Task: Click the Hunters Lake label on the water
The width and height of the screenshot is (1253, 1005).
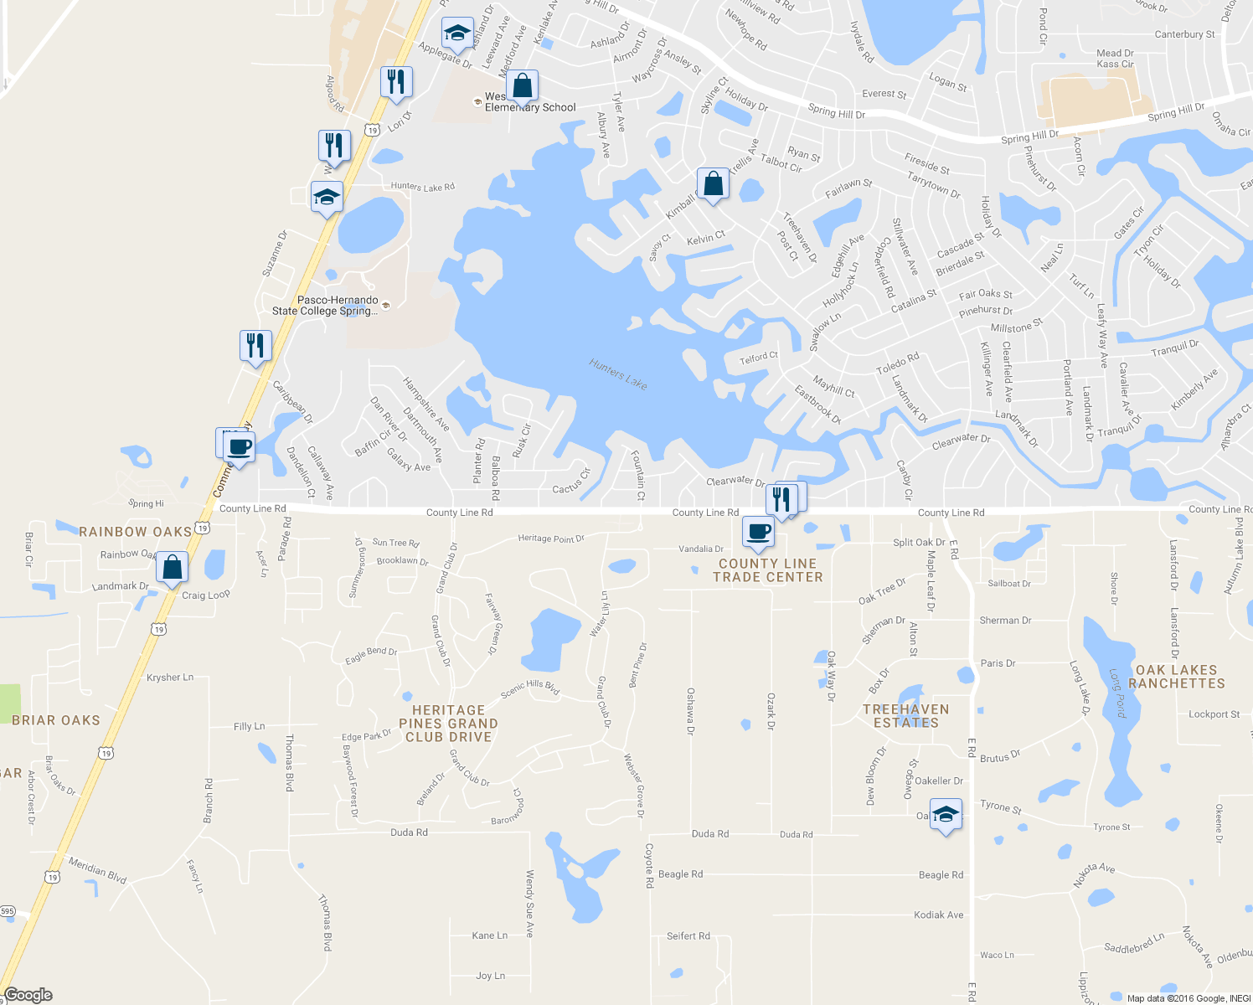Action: click(x=618, y=374)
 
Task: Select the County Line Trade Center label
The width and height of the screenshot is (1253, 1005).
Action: click(x=768, y=570)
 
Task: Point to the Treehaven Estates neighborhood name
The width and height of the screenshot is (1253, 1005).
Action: click(x=906, y=716)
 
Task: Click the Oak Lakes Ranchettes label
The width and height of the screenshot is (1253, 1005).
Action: click(x=1176, y=677)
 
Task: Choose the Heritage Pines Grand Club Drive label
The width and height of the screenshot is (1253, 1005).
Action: click(x=448, y=724)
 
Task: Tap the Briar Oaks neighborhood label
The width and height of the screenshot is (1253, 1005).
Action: click(x=56, y=720)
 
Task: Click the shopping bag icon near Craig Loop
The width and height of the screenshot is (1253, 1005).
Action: click(x=172, y=567)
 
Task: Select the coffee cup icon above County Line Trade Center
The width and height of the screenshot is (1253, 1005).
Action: click(x=758, y=531)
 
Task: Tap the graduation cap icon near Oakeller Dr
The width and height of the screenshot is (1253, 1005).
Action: click(x=946, y=815)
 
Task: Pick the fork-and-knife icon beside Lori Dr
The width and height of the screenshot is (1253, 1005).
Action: click(x=396, y=81)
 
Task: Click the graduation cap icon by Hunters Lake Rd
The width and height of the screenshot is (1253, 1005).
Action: click(x=327, y=197)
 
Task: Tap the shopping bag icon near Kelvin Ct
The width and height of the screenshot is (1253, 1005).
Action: click(x=713, y=183)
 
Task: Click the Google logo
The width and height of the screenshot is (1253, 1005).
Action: click(x=28, y=995)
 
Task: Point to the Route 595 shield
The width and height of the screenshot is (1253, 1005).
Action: click(x=8, y=911)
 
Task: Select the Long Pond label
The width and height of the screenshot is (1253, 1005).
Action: click(x=1118, y=693)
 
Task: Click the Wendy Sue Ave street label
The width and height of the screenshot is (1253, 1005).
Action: click(x=529, y=903)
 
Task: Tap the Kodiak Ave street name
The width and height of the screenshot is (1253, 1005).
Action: click(x=938, y=915)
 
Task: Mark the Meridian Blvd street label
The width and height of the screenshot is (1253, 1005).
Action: click(x=97, y=870)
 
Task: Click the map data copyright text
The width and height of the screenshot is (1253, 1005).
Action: click(x=1189, y=998)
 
